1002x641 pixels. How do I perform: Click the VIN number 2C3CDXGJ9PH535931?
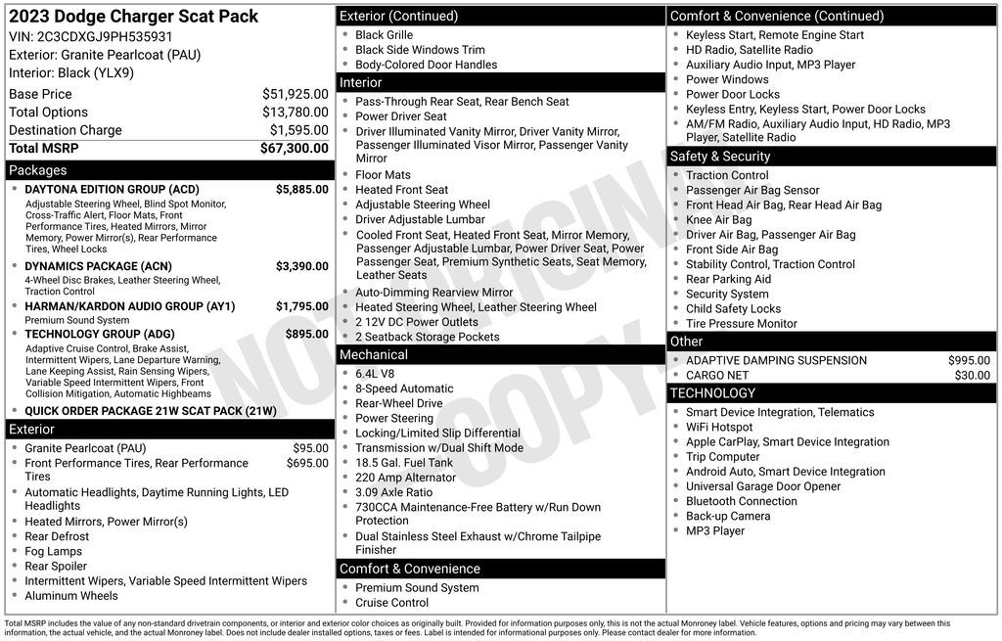tap(105, 36)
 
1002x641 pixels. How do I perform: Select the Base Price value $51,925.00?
tap(295, 94)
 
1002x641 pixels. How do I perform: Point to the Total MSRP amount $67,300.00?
tap(294, 148)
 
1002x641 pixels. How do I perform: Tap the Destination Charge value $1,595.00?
tap(298, 130)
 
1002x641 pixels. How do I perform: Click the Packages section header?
tap(38, 170)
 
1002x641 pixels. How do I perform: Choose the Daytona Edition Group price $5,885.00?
tap(301, 189)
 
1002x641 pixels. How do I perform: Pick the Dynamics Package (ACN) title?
tap(98, 266)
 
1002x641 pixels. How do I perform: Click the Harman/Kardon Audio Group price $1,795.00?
tap(301, 306)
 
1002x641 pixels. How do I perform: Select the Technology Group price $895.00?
tap(307, 334)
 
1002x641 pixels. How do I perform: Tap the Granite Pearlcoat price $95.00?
tap(310, 448)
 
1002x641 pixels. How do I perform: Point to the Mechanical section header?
tap(374, 354)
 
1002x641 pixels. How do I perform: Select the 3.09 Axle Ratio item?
tap(393, 492)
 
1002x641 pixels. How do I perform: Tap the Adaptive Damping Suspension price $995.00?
tap(969, 360)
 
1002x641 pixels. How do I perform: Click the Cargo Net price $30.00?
tap(972, 375)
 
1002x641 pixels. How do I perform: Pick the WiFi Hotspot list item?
tap(719, 427)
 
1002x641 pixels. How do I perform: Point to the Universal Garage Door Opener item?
tap(763, 486)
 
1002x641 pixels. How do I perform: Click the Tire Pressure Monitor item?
tap(741, 323)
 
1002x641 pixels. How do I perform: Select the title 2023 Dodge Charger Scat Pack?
tap(134, 16)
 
